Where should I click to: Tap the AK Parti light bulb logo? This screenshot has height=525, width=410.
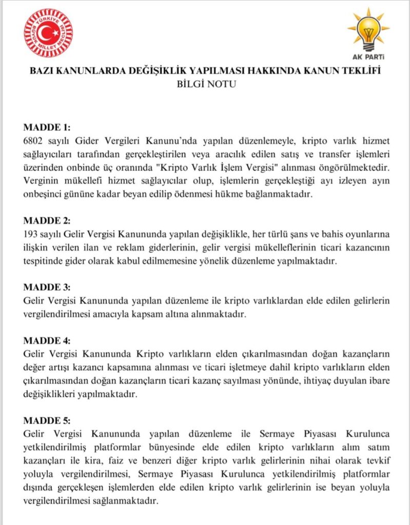(x=368, y=28)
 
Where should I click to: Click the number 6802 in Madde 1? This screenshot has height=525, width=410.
(x=34, y=140)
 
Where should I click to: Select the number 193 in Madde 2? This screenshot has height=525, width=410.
(x=32, y=234)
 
